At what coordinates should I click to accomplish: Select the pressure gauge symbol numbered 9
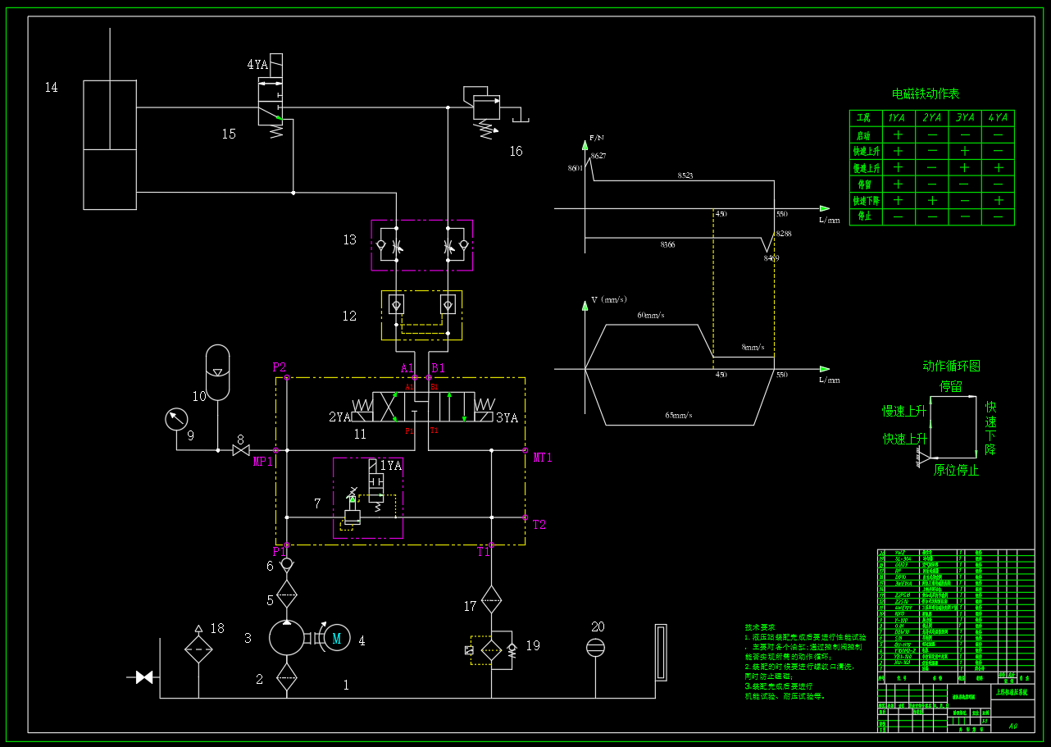(x=175, y=420)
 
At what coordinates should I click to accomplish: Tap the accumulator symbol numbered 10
(x=217, y=373)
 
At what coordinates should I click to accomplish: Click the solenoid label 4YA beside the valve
(x=257, y=65)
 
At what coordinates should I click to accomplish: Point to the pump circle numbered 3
(x=286, y=637)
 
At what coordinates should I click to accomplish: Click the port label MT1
(x=543, y=458)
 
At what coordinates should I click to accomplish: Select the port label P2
(x=280, y=367)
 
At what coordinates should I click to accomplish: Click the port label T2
(x=539, y=525)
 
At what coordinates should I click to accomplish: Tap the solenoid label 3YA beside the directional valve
(x=507, y=418)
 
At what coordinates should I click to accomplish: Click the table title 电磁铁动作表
(x=926, y=94)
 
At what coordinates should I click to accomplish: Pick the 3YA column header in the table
(x=965, y=118)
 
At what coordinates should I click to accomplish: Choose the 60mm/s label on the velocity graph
(x=651, y=315)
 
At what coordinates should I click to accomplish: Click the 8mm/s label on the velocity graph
(x=753, y=348)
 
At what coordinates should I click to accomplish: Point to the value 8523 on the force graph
(x=685, y=176)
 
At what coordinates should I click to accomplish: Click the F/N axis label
(x=596, y=138)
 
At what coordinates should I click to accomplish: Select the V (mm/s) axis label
(x=609, y=300)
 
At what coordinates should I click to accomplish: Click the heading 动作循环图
(x=951, y=366)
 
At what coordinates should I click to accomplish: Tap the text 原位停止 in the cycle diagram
(x=956, y=471)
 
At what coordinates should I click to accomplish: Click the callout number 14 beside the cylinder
(x=52, y=87)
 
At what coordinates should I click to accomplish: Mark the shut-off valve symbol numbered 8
(x=241, y=450)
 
